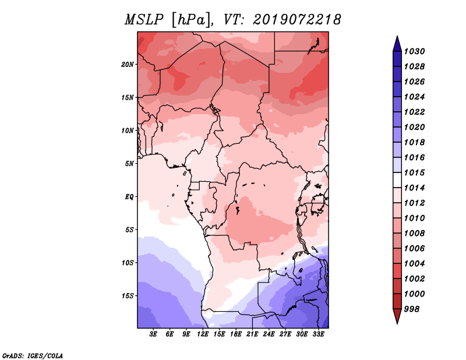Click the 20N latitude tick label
click(128, 65)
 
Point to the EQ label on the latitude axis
click(129, 197)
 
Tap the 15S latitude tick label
click(128, 296)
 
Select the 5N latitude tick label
click(129, 164)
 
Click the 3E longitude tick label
click(153, 334)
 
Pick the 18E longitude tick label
click(236, 334)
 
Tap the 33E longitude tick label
click(318, 334)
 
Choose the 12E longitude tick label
click(203, 334)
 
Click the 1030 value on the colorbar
click(414, 51)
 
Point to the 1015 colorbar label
click(414, 172)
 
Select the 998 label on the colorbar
click(412, 309)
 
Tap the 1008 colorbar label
click(414, 234)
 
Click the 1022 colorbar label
click(414, 112)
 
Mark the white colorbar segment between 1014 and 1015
click(397, 180)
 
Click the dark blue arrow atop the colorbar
click(397, 45)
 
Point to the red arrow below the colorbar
click(397, 316)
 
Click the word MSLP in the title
click(144, 20)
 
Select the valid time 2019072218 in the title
click(297, 20)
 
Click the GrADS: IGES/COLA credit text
click(33, 356)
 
